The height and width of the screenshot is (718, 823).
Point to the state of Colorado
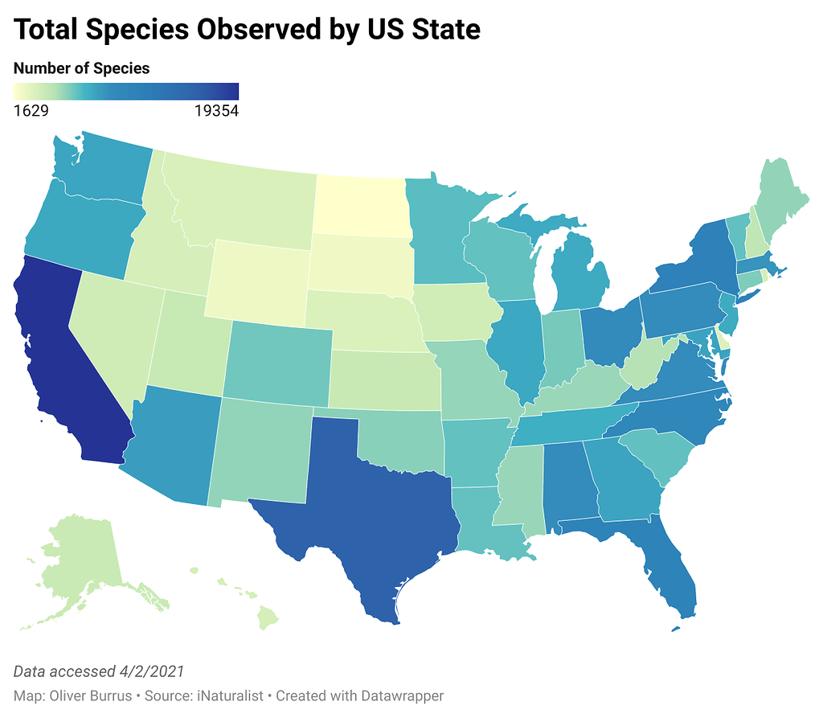point(277,362)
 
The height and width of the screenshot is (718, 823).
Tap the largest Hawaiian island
point(268,620)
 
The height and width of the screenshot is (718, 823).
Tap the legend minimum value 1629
point(31,112)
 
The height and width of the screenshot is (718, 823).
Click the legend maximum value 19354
point(216,112)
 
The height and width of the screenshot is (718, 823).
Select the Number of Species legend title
point(82,68)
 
